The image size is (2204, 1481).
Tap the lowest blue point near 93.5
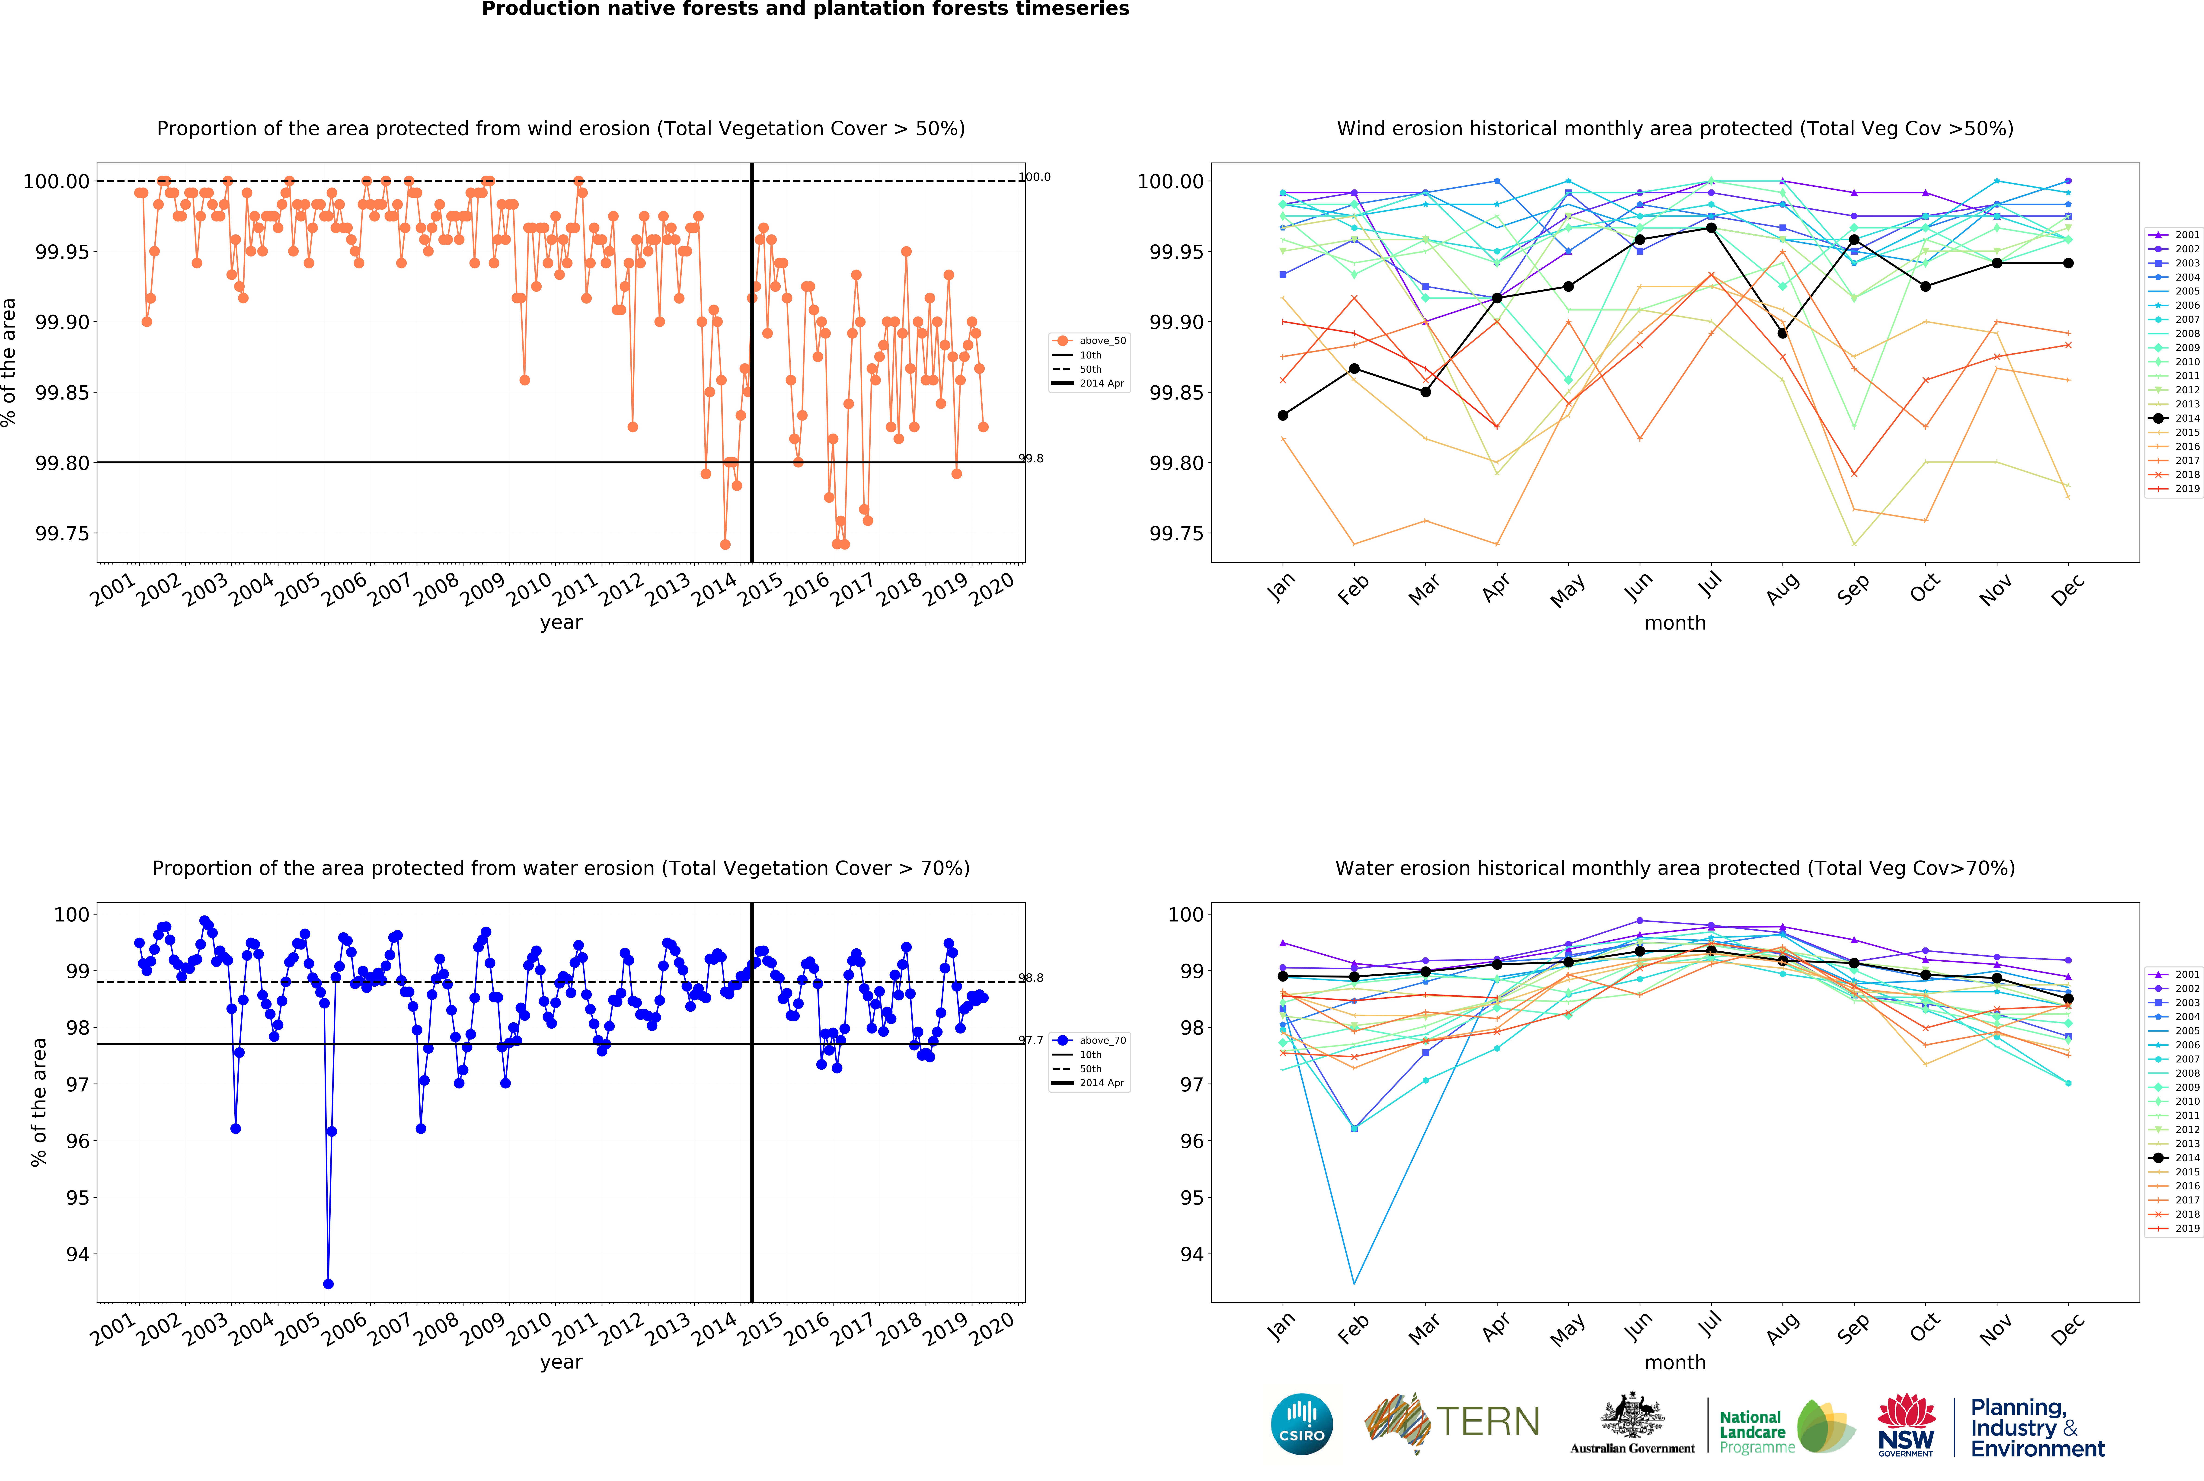click(328, 1284)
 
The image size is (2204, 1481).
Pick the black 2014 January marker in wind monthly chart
click(1282, 416)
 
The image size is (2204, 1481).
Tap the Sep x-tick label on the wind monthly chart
click(1853, 589)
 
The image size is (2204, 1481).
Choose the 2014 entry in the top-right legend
click(2178, 418)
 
